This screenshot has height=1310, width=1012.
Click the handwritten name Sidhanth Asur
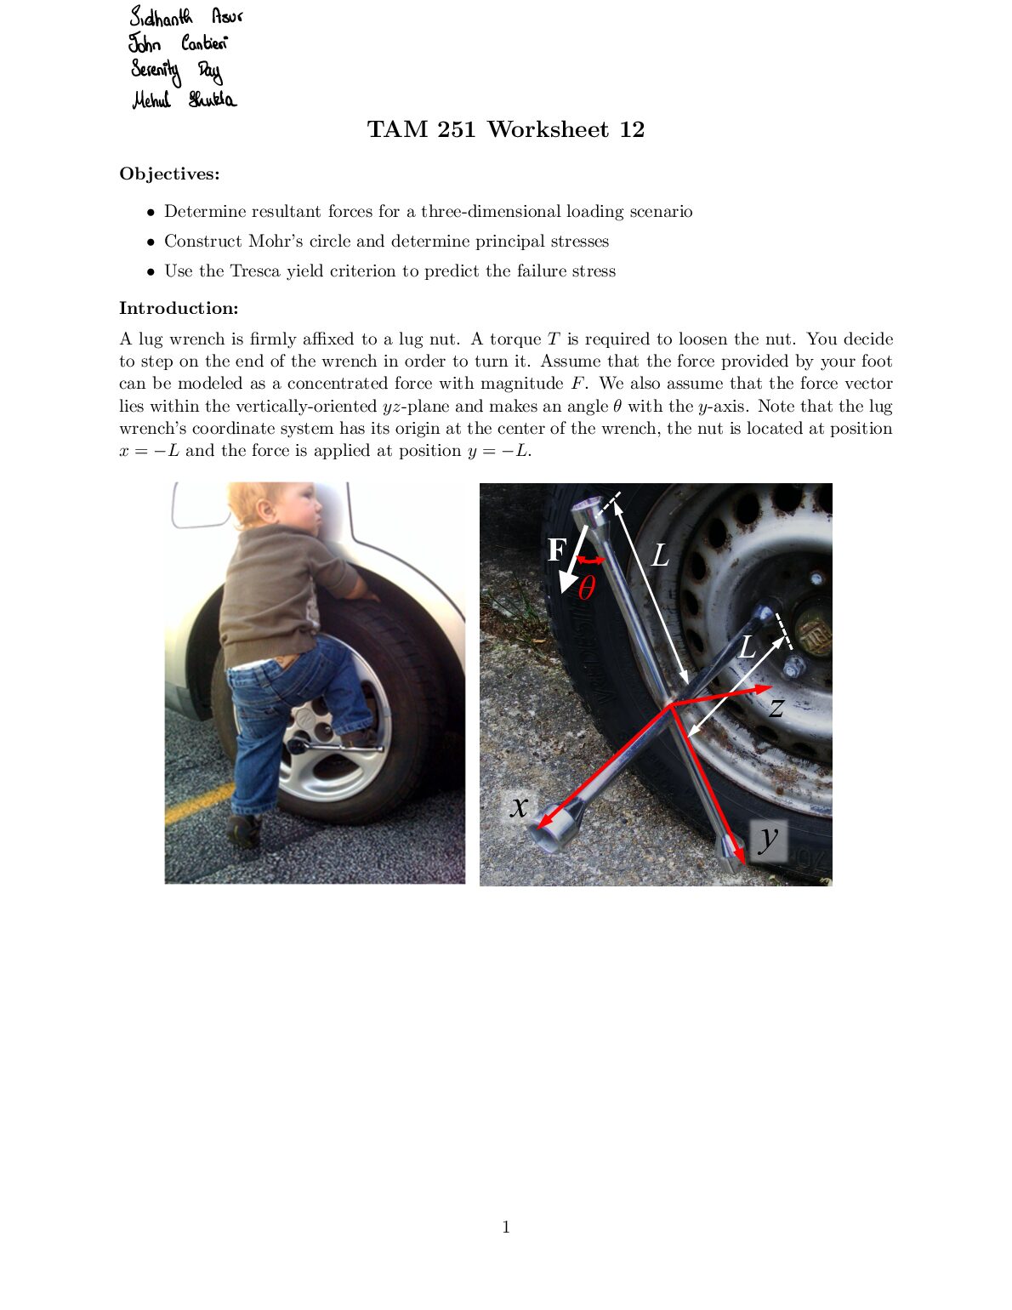tap(185, 17)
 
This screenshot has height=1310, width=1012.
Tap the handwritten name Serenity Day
tap(176, 71)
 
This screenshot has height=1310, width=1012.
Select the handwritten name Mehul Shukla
tap(184, 100)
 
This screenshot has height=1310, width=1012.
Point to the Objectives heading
tap(169, 174)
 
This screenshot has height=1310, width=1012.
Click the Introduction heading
tap(179, 308)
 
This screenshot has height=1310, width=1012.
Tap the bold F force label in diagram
tap(556, 550)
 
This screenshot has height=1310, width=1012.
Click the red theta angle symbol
tap(586, 588)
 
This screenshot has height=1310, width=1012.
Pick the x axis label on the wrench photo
tap(519, 805)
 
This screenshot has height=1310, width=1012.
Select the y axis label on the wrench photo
tap(768, 838)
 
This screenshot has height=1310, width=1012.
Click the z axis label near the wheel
tap(776, 706)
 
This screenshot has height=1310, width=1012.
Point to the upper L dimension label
tap(660, 555)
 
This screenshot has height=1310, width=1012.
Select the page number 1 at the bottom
tap(506, 1227)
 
